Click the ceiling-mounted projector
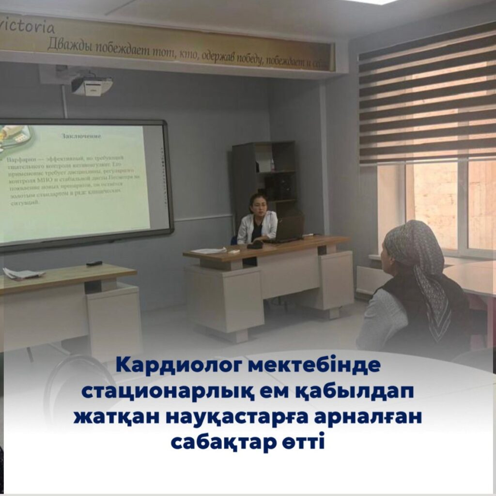(x=92, y=86)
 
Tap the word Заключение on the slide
(x=81, y=136)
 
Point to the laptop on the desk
(x=290, y=229)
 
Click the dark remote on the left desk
(x=94, y=263)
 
